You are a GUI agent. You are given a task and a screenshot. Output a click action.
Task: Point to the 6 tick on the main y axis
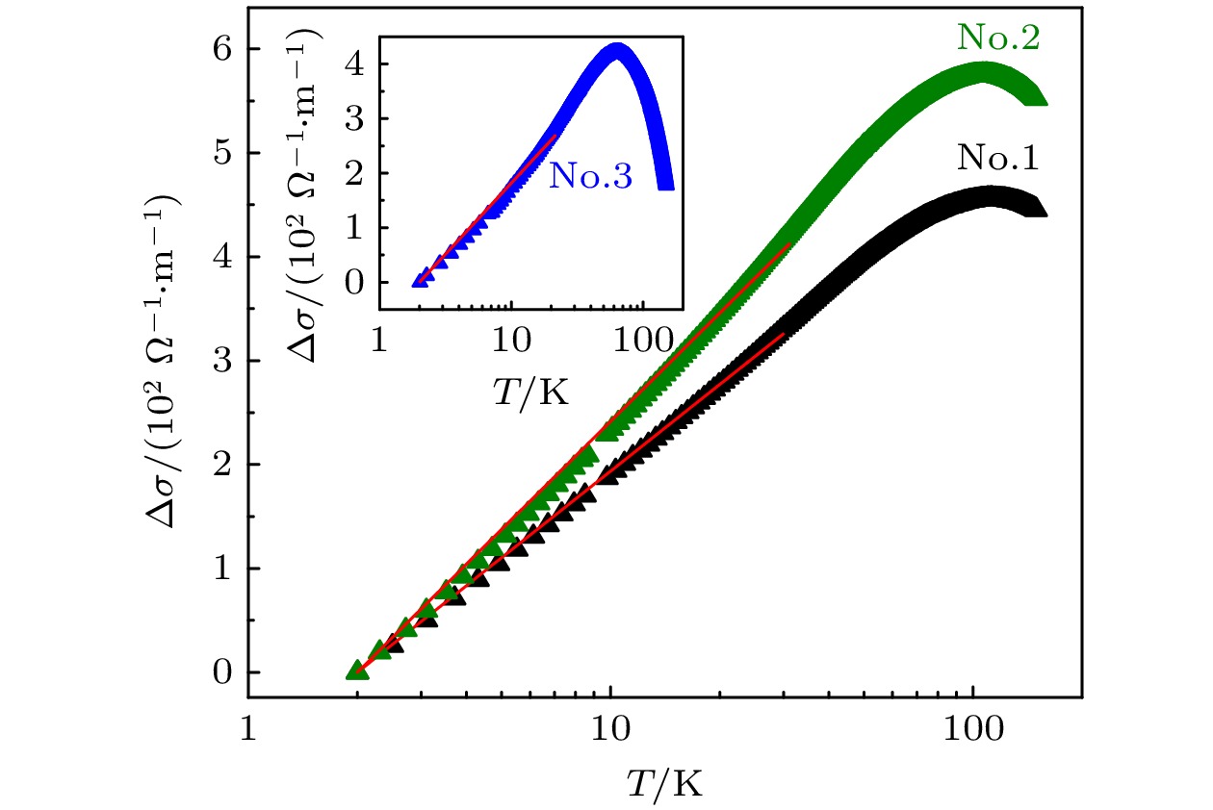(x=224, y=49)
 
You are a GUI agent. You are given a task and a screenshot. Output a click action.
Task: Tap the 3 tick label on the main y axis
(x=224, y=361)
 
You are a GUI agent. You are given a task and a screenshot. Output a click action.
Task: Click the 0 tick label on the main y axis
(x=224, y=672)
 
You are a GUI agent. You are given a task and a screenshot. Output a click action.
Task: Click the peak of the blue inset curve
(x=618, y=48)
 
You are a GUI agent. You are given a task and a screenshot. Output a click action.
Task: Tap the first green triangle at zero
(x=356, y=671)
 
